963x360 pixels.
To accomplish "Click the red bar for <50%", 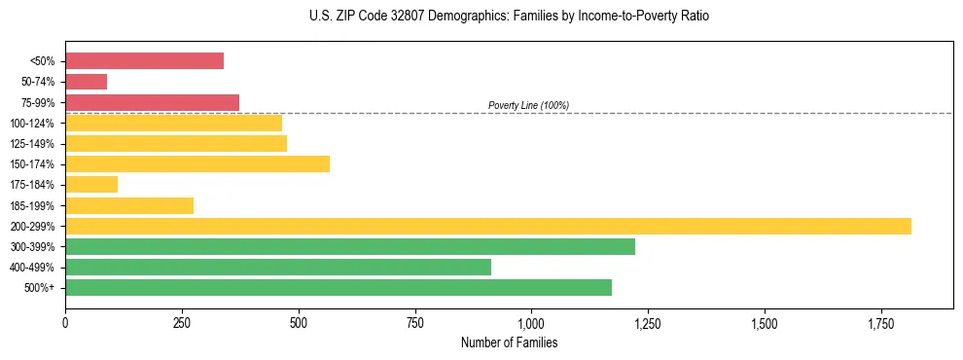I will tap(144, 61).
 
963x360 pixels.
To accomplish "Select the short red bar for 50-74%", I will tap(86, 82).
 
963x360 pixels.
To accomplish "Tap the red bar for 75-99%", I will tap(152, 102).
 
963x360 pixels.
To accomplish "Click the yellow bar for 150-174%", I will tap(197, 163).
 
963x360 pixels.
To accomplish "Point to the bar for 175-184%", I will tap(91, 184).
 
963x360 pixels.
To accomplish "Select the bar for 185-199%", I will tap(129, 205).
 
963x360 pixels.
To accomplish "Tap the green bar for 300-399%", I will tap(350, 246).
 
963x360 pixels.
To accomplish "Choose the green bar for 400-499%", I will tap(278, 267).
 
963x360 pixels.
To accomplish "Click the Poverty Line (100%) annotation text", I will tap(528, 105).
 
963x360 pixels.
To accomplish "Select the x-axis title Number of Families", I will tap(509, 342).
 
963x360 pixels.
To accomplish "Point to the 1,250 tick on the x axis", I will tap(648, 322).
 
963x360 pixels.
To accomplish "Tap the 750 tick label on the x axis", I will tap(414, 322).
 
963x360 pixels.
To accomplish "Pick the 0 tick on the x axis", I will tap(65, 322).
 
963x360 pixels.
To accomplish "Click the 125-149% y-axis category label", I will tap(32, 144).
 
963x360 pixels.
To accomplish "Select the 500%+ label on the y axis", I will tap(40, 288).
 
